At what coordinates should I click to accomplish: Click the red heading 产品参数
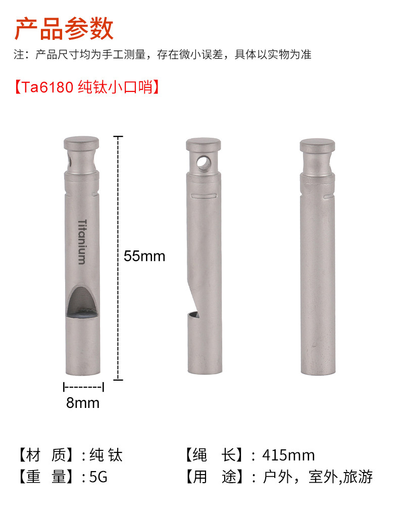[64, 29]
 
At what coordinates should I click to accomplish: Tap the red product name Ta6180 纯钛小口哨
[87, 87]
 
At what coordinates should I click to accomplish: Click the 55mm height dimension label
[144, 256]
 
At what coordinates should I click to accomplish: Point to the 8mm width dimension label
[83, 403]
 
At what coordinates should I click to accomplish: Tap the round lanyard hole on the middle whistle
[204, 162]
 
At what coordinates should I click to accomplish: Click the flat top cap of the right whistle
[317, 145]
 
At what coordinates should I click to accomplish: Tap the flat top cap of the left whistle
[81, 143]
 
